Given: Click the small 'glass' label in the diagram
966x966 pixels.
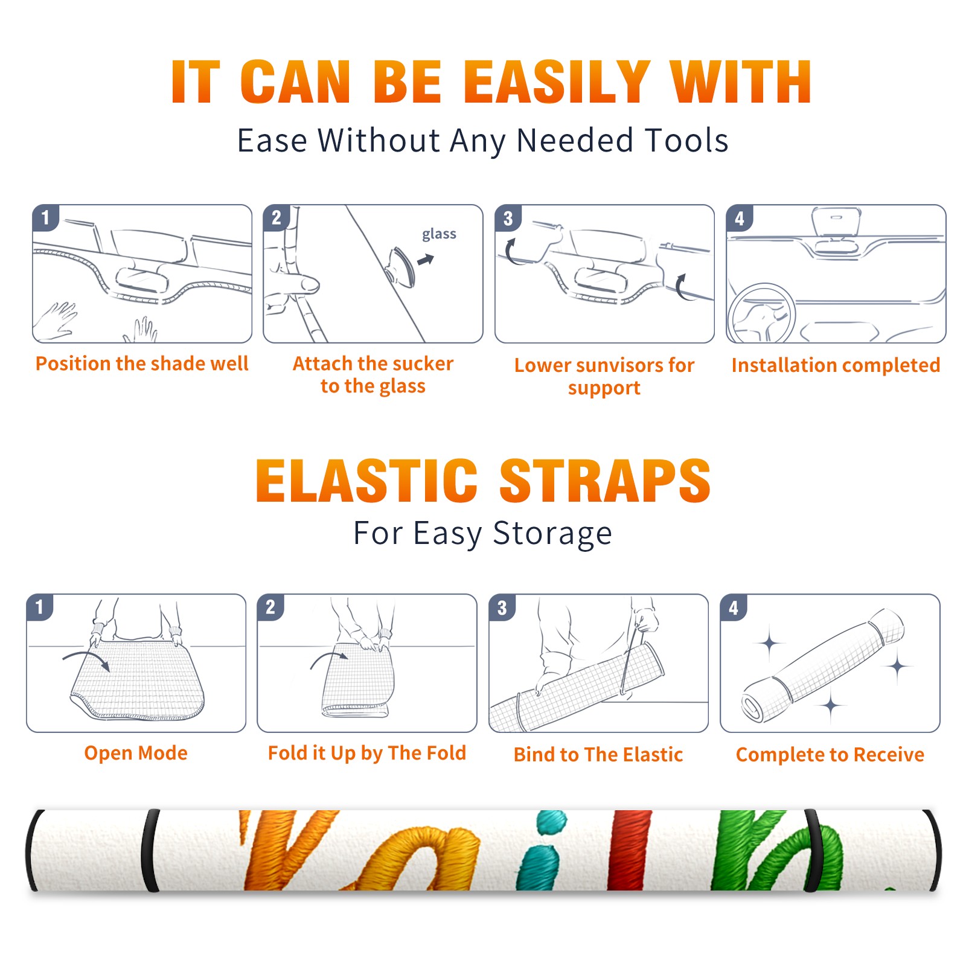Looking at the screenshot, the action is point(439,234).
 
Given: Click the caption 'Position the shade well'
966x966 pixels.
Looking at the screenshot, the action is point(142,363).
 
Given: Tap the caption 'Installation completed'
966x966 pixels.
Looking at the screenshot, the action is point(836,365).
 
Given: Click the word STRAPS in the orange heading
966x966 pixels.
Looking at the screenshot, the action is point(605,481).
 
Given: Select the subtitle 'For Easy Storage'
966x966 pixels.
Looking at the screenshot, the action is point(482,534).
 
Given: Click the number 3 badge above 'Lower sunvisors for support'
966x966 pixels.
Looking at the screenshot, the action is point(508,219).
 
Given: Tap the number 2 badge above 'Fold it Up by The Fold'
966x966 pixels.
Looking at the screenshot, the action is point(270,607).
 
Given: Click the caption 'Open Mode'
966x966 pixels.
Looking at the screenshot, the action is point(136,753).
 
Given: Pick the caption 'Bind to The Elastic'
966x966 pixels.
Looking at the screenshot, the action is point(598,755).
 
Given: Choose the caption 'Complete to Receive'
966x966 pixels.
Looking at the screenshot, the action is point(830,755).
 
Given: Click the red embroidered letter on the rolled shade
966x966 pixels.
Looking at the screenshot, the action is point(630,850).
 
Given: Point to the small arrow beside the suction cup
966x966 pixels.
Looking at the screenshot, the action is point(426,260).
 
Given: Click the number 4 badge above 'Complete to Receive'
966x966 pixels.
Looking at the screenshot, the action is point(734,607).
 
